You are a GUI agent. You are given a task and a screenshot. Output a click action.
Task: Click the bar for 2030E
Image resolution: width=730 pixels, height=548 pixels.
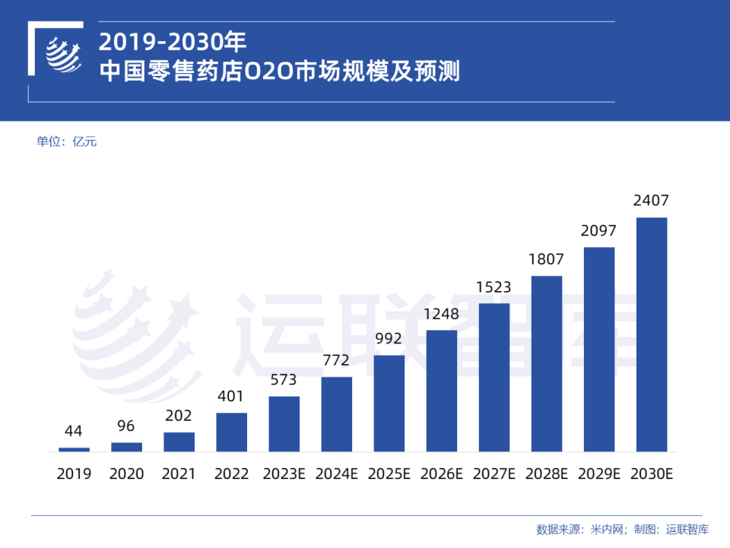pyautogui.click(x=651, y=334)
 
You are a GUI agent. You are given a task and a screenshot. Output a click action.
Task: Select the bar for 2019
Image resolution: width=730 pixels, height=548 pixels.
pyautogui.click(x=74, y=449)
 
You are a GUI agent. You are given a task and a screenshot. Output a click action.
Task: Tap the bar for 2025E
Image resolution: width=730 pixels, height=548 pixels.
pyautogui.click(x=389, y=403)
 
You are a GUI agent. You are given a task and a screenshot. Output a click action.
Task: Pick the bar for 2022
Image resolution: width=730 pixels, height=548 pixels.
pyautogui.click(x=231, y=432)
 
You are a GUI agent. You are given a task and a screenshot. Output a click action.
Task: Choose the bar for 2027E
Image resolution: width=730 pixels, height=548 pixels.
pyautogui.click(x=494, y=377)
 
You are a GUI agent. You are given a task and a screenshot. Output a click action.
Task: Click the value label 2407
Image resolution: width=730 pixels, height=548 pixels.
pyautogui.click(x=651, y=201)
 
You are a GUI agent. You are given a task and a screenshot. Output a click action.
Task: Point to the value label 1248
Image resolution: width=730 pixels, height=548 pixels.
pyautogui.click(x=441, y=314)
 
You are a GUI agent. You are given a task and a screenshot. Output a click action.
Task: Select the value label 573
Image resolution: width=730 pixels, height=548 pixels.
pyautogui.click(x=284, y=380)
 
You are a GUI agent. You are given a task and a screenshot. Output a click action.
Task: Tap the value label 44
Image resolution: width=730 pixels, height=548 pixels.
pyautogui.click(x=74, y=432)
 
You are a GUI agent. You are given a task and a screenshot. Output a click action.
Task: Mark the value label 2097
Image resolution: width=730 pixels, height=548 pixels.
pyautogui.click(x=598, y=231)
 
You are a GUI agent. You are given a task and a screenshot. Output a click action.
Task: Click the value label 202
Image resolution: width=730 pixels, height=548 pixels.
pyautogui.click(x=179, y=416)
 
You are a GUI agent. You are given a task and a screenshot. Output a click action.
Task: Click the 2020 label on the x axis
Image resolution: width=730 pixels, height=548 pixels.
pyautogui.click(x=126, y=474)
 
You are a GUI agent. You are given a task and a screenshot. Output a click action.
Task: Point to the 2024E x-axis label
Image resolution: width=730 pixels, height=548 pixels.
pyautogui.click(x=336, y=474)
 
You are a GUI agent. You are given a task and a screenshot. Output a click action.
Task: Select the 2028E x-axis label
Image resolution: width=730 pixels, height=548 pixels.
pyautogui.click(x=546, y=474)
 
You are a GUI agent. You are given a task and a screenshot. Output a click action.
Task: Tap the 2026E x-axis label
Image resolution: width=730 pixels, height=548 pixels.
pyautogui.click(x=441, y=474)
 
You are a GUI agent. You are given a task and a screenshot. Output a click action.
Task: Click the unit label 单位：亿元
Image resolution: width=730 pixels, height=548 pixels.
pyautogui.click(x=67, y=141)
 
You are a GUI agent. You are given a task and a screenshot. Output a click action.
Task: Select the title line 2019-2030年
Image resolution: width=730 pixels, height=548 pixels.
pyautogui.click(x=173, y=40)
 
